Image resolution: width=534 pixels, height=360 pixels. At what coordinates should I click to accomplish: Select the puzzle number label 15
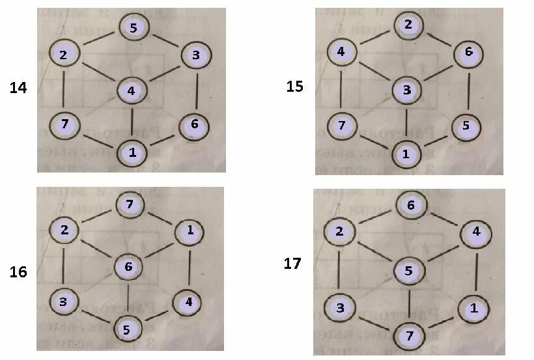coord(295,86)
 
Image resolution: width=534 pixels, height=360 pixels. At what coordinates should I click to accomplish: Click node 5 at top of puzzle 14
coord(133,28)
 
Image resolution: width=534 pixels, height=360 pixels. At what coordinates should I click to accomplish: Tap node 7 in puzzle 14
coord(64,122)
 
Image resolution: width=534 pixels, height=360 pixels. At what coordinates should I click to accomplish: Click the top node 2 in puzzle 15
coord(408,25)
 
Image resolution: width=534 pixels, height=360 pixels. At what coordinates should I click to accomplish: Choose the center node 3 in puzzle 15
coord(407,90)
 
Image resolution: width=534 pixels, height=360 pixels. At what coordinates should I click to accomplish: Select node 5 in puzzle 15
coord(465,126)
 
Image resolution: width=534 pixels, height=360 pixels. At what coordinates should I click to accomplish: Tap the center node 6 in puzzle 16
coord(128,266)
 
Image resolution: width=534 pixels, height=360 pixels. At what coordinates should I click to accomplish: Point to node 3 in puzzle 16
coord(64,302)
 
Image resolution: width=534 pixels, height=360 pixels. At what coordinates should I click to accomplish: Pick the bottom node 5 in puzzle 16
coord(127,329)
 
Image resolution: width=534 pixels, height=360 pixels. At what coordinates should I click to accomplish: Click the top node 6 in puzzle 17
coord(410,205)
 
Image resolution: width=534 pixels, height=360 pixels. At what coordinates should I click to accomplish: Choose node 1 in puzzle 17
coord(473,309)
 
